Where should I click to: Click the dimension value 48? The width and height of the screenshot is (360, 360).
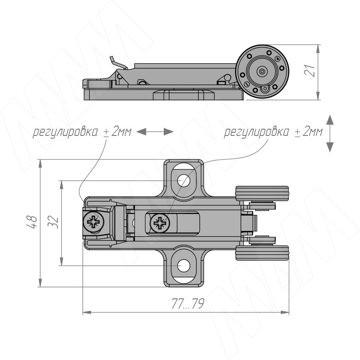tap(31, 222)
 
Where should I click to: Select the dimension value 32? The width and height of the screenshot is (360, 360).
tap(53, 221)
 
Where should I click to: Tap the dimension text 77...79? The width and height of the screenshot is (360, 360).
tap(188, 304)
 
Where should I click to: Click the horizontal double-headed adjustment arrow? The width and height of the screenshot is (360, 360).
tap(155, 132)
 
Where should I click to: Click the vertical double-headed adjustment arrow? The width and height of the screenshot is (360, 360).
tap(330, 133)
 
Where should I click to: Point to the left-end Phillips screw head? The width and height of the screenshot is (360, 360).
tap(94, 222)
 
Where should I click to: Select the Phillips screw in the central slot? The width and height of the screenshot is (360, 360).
tap(160, 223)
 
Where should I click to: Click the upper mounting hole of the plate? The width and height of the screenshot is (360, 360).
tap(184, 181)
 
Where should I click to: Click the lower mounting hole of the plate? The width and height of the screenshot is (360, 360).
tap(184, 265)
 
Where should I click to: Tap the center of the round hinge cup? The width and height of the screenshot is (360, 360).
tap(262, 72)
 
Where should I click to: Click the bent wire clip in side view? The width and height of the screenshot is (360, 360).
tap(118, 62)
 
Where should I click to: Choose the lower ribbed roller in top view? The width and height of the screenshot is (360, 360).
tap(262, 253)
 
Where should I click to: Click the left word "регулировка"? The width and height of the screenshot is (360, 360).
tap(65, 132)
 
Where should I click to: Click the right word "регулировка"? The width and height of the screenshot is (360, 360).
tap(256, 132)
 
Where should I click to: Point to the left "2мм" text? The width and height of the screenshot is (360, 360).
tap(121, 132)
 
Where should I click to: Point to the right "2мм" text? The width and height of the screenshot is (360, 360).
tap(313, 132)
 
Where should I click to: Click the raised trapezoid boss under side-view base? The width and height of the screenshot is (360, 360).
tap(184, 95)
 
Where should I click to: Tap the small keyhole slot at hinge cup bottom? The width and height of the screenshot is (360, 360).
tap(265, 89)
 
